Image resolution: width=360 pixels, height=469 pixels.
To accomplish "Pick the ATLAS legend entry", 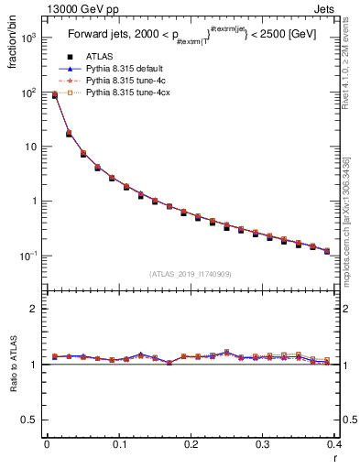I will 100,57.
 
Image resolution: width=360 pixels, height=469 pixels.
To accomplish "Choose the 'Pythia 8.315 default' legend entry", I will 125,69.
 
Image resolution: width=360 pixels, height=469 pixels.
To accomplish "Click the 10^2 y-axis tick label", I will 27,93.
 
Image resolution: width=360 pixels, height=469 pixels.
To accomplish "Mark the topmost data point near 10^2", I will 54,94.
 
